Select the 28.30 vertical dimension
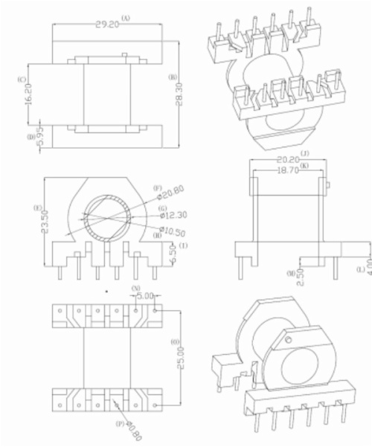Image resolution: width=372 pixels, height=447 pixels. click(x=181, y=94)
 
